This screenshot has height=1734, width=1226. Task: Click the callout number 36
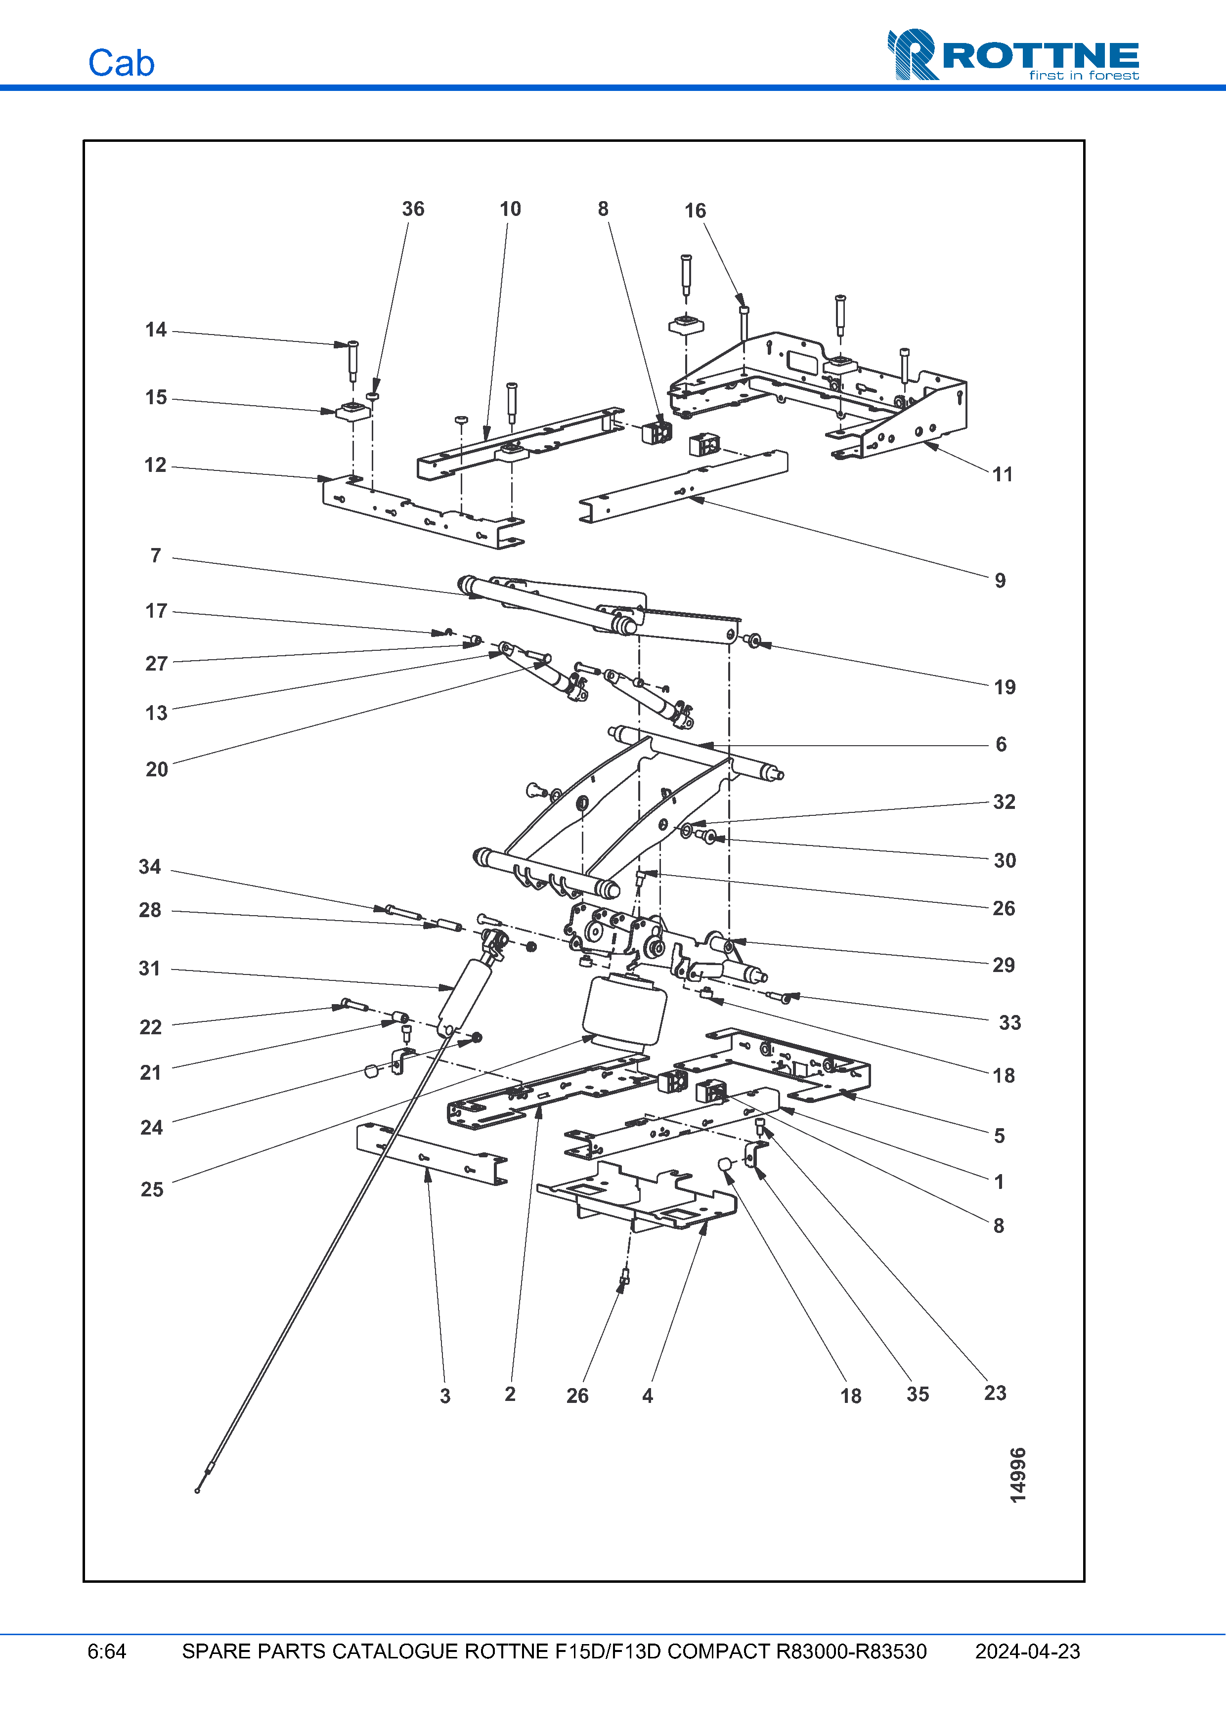click(412, 209)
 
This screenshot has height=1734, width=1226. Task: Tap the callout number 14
click(156, 330)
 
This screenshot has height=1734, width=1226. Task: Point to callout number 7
click(156, 556)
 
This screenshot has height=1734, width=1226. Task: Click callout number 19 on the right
click(1005, 687)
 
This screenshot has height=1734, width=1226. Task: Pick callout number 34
click(150, 867)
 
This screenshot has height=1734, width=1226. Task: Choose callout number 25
click(152, 1189)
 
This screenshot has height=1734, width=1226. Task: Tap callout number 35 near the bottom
click(918, 1394)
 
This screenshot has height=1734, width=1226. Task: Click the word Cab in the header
click(121, 63)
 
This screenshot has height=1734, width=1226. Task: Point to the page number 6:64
click(106, 1651)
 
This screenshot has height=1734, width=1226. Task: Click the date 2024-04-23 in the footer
click(1027, 1651)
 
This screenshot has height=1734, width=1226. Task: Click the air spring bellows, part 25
click(625, 1013)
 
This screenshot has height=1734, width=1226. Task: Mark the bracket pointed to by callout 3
click(431, 1155)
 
